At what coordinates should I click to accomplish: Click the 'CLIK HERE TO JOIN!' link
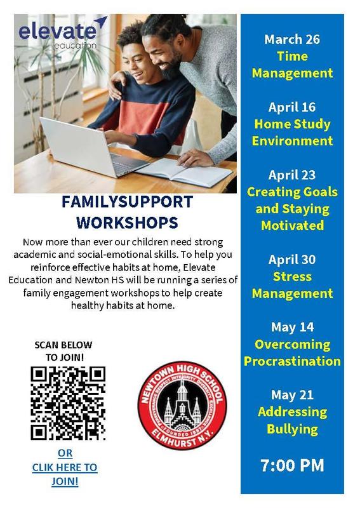[65, 467]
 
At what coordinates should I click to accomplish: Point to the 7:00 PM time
[292, 465]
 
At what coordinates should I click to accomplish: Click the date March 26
[292, 39]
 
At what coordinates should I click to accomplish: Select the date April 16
[292, 107]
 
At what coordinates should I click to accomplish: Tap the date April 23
[292, 175]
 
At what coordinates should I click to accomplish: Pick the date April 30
[292, 260]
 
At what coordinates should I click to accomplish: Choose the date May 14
[292, 327]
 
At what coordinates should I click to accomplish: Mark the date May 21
[292, 395]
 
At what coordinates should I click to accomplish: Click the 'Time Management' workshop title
[292, 65]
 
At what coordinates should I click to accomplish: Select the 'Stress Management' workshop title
[292, 285]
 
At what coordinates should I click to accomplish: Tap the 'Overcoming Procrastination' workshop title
[292, 353]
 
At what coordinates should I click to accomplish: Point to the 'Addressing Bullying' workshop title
[292, 420]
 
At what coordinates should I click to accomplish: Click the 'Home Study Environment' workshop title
[292, 132]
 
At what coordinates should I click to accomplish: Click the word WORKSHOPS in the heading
[127, 223]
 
